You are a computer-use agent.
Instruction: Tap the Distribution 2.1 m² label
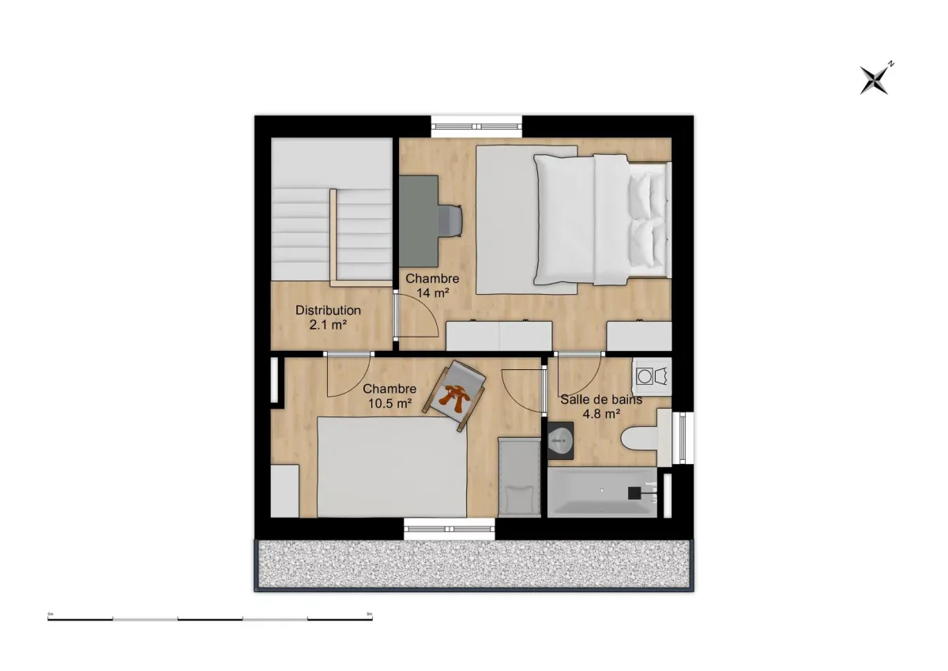point(328,317)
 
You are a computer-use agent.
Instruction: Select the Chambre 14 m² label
point(431,285)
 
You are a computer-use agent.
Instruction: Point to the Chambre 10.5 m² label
point(389,395)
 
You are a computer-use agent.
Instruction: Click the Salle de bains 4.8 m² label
point(600,406)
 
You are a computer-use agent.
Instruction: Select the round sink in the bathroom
point(561,439)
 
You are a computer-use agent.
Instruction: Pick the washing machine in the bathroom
point(652,375)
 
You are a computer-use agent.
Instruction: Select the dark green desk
point(418,221)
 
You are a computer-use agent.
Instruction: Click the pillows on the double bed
point(648,221)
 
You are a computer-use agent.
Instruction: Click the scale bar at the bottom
point(209,618)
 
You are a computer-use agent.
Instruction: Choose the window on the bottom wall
point(450,529)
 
